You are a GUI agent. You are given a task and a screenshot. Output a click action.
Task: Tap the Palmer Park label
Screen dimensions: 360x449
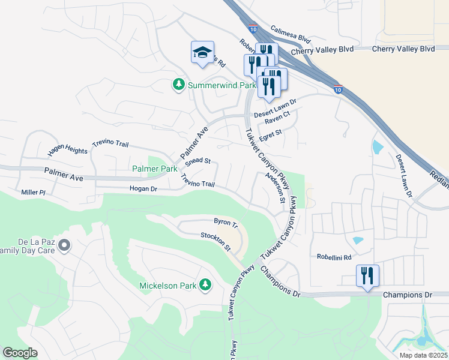(x=154, y=169)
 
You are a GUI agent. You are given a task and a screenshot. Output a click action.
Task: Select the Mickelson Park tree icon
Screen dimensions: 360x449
(x=205, y=285)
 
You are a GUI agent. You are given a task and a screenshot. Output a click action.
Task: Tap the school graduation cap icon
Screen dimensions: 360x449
(x=202, y=52)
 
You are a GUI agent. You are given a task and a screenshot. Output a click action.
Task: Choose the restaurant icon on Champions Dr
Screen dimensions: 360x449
(x=366, y=276)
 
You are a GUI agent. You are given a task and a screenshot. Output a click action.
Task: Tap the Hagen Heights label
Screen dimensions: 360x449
(x=67, y=150)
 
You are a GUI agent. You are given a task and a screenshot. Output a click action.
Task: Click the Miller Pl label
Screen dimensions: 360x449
(x=34, y=191)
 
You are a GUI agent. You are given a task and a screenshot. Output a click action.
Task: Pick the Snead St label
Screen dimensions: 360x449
(x=197, y=161)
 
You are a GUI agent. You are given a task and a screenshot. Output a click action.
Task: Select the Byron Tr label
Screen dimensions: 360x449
(x=226, y=223)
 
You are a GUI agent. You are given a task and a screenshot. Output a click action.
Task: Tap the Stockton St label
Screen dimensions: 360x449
(x=215, y=242)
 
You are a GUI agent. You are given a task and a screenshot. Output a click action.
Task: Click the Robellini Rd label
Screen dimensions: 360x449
(x=334, y=256)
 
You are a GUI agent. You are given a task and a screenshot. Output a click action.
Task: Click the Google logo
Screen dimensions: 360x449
(x=20, y=353)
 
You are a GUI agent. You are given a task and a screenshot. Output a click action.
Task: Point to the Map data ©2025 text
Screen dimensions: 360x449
(x=423, y=355)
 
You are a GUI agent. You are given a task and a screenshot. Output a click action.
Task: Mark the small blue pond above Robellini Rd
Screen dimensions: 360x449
(x=358, y=241)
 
